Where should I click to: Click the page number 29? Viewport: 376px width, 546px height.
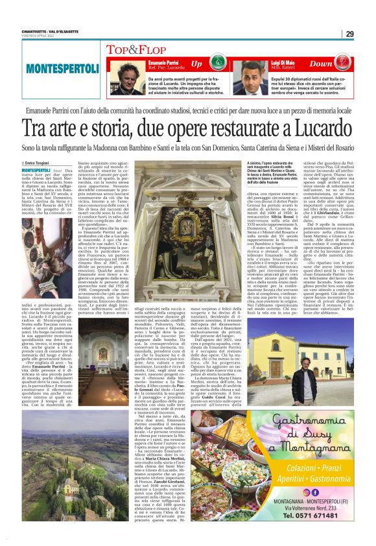point(349,34)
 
